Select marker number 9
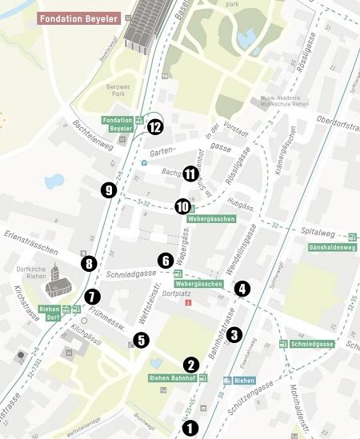pyautogui.click(x=109, y=190)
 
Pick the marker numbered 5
pyautogui.click(x=142, y=340)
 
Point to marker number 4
pyautogui.click(x=242, y=289)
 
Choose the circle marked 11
pyautogui.click(x=190, y=174)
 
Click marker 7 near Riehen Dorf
pyautogui.click(x=94, y=297)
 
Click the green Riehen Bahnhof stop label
pyautogui.click(x=172, y=377)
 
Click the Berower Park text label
pyautogui.click(x=118, y=89)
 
